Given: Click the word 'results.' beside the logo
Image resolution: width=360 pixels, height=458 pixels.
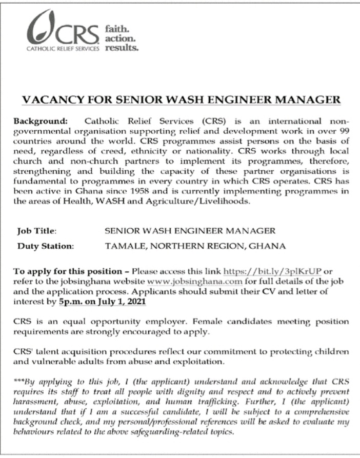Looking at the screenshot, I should pos(122,49).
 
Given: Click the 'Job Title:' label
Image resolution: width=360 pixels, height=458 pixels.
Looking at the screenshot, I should pos(37,231).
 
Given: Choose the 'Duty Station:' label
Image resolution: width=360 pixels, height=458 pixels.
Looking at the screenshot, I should pos(46,246).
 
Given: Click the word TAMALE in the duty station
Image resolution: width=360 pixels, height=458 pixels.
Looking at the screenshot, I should pos(124,246).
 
